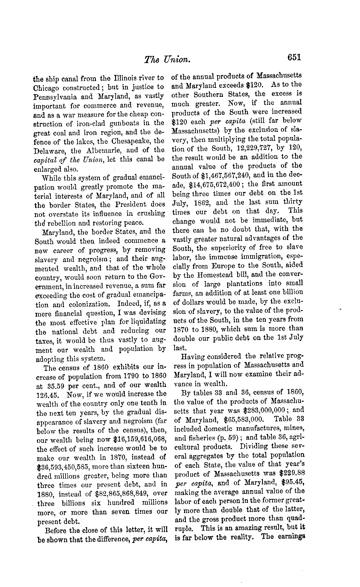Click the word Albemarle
[x=101, y=150]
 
